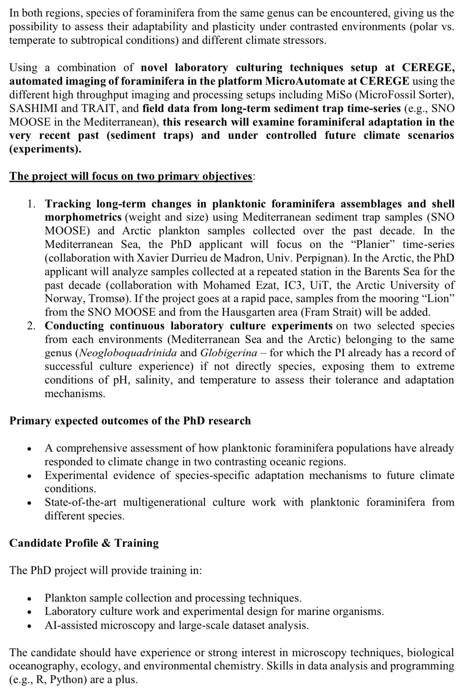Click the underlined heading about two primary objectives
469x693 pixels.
point(131,176)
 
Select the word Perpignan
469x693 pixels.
point(337,258)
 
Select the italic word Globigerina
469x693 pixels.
point(228,353)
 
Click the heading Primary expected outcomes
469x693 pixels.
point(130,421)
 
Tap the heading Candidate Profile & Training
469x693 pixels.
point(84,543)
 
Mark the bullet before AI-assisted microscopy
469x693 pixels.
point(29,626)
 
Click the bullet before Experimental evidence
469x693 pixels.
point(29,476)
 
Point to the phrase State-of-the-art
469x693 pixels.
point(81,502)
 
